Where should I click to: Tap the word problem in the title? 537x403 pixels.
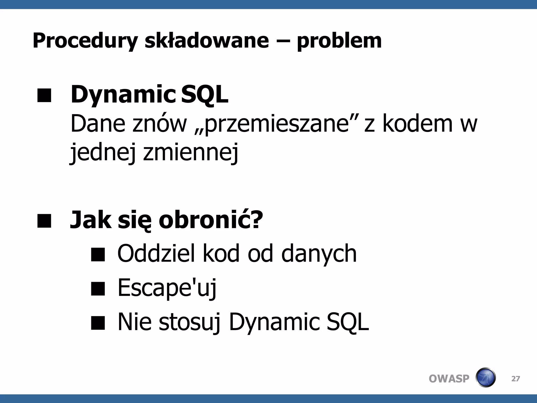click(x=339, y=41)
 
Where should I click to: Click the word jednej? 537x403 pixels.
click(x=103, y=153)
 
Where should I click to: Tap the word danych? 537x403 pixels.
click(x=319, y=254)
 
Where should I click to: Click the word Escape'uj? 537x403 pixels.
click(x=167, y=288)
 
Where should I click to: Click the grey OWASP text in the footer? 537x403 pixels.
click(x=449, y=379)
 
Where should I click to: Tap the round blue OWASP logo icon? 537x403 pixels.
click(x=486, y=378)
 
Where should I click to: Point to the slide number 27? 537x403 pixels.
click(x=515, y=379)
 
